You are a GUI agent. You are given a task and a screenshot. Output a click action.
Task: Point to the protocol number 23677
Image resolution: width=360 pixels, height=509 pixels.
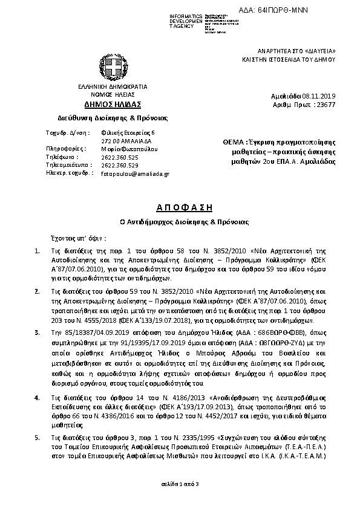tap(333, 105)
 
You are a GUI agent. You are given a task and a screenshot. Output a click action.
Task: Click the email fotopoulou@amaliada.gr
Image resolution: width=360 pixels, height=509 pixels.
tap(135, 173)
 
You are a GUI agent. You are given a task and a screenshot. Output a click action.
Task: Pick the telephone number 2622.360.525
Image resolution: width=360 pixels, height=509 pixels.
tap(120, 156)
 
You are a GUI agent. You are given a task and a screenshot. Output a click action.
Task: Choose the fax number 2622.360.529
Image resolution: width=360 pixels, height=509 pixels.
tap(120, 164)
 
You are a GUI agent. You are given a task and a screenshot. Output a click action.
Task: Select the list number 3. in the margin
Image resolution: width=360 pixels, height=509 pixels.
tap(37, 332)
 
